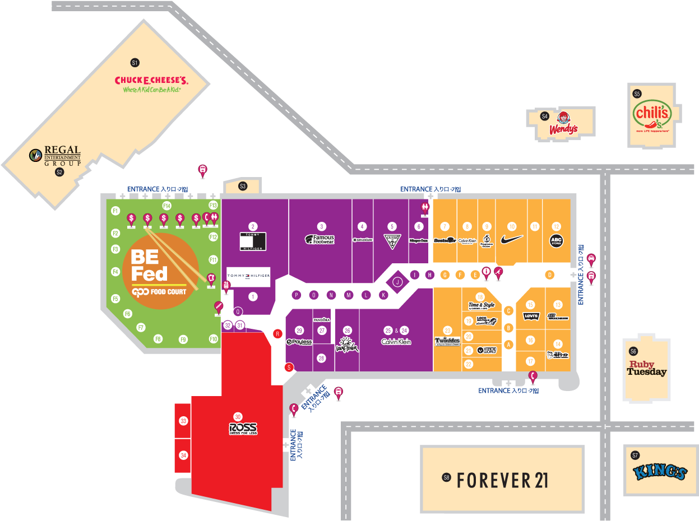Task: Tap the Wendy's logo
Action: point(563,124)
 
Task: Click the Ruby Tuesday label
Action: point(646,368)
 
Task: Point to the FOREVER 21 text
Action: point(502,480)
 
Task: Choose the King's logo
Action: point(660,472)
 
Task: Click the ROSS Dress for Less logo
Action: point(243,429)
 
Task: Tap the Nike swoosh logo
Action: point(512,239)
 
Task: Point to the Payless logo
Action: point(299,342)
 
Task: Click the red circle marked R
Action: point(277,333)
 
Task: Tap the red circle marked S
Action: point(289,368)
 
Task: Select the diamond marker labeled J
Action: point(397,282)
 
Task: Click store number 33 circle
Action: point(183,421)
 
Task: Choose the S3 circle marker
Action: point(243,186)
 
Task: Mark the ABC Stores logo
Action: point(556,241)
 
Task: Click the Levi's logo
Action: point(530,317)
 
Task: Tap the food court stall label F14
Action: point(166,206)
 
